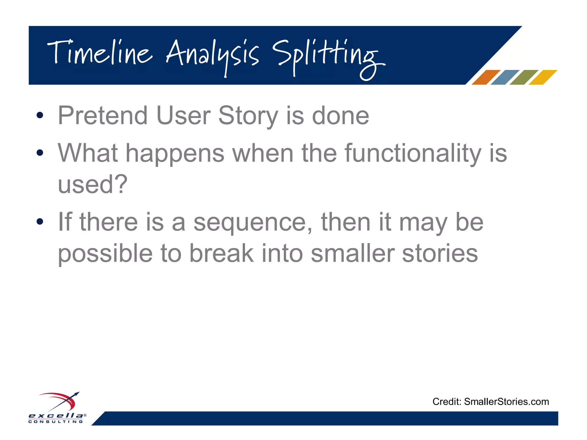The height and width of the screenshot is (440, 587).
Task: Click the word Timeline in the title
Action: [x=99, y=53]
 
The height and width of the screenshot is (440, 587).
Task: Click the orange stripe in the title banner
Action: [x=486, y=77]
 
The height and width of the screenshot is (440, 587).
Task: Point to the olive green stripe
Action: [x=524, y=77]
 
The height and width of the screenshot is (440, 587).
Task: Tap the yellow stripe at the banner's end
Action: [x=543, y=77]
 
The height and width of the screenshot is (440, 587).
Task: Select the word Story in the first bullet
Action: [x=248, y=116]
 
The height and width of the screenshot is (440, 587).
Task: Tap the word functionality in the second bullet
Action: [x=413, y=153]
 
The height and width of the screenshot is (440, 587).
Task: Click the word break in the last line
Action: [x=221, y=253]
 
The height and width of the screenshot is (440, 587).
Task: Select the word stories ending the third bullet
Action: [x=440, y=253]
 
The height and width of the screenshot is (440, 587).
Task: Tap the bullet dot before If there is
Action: [x=40, y=221]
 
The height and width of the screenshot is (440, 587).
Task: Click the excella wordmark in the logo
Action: [x=56, y=416]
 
